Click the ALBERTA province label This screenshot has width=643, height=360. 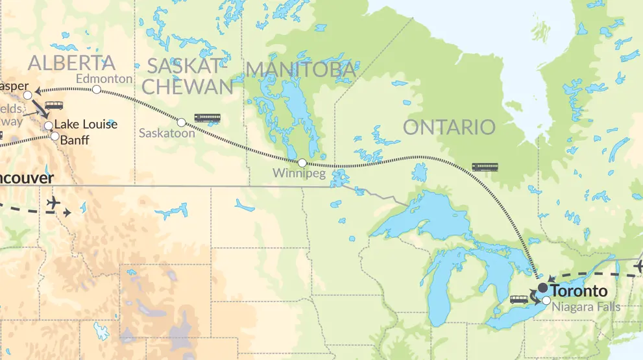(71, 63)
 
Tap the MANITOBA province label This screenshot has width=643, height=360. (300, 69)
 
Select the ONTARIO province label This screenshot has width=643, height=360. (449, 127)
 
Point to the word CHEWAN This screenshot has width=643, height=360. (187, 87)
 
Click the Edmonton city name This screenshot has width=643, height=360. (104, 78)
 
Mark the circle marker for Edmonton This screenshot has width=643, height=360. (97, 90)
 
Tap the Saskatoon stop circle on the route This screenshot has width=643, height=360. (182, 122)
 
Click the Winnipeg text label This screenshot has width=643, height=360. (298, 173)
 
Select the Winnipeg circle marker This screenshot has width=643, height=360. (302, 162)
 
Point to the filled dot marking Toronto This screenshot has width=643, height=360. (542, 287)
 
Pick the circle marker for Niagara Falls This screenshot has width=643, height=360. (546, 300)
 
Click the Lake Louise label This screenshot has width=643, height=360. (86, 124)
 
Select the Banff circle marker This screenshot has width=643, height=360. (55, 137)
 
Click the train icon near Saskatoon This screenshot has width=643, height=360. (207, 118)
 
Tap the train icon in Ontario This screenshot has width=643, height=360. (485, 167)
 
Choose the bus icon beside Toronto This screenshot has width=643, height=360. (519, 300)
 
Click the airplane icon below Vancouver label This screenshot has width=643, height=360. (54, 204)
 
